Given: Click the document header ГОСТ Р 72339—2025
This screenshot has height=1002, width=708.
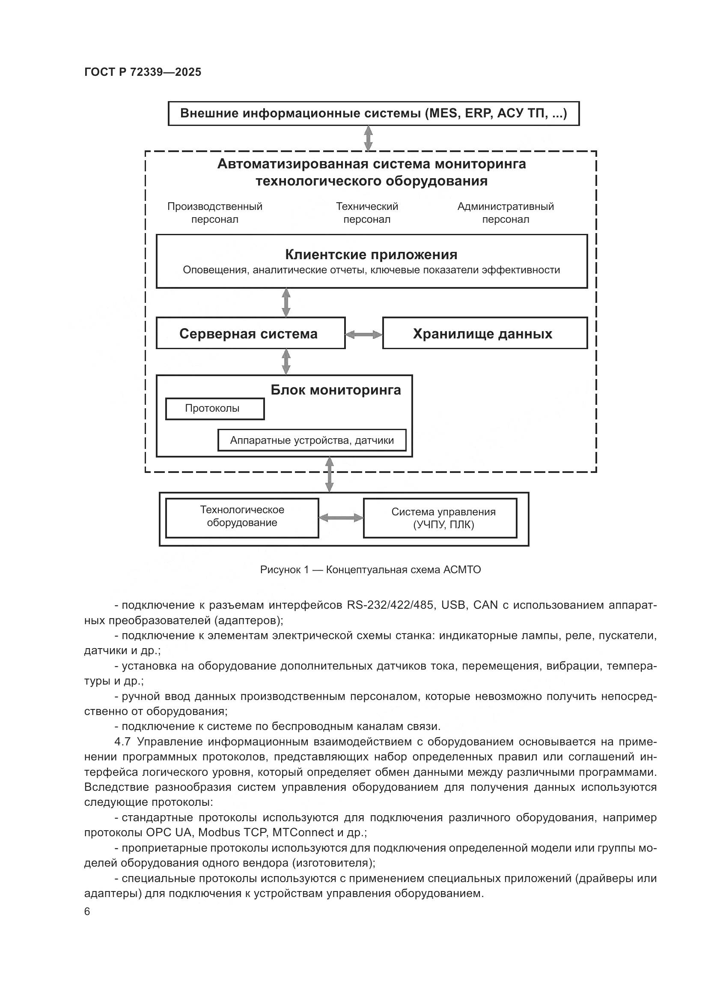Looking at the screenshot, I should coord(143,72).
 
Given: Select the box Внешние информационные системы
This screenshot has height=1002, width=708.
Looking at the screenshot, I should coord(373,114).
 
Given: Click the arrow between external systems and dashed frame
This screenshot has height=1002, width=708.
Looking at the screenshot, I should coord(369,138).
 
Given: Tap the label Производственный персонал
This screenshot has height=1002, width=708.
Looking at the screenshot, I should coord(214,212).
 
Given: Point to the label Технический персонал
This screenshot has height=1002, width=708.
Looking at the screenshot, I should coord(367,212).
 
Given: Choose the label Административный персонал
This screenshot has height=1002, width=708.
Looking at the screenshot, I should coord(505,212).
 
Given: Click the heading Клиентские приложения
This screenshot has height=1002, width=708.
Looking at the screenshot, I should coord(371,254).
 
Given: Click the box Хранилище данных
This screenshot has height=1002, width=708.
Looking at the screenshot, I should coord(485,333).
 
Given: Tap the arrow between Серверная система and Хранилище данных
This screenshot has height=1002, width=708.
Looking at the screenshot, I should coord(363,335).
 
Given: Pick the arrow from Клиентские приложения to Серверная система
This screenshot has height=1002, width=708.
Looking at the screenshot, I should coord(286,302).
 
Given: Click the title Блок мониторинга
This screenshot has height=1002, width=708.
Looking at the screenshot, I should coord(336,390).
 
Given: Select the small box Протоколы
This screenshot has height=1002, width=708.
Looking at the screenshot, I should coord(214,409).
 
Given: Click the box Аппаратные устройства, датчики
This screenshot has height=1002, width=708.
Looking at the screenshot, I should coord(312,440).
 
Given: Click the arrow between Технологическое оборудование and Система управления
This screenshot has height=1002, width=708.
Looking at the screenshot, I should coord(341,518).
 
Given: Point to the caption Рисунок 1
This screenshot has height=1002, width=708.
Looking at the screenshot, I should coord(370,569).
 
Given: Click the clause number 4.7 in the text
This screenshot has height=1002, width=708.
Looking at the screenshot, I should coord(122,742).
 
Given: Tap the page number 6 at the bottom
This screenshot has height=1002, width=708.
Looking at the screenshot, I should coord(87,911).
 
